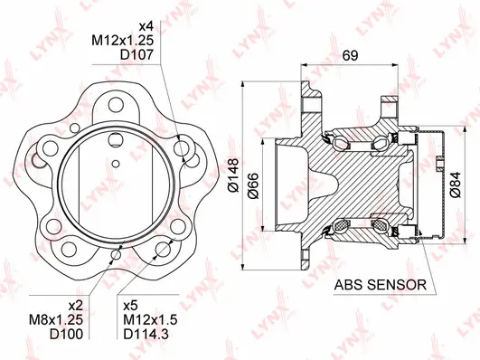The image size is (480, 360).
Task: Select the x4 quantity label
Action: [x=147, y=24]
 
